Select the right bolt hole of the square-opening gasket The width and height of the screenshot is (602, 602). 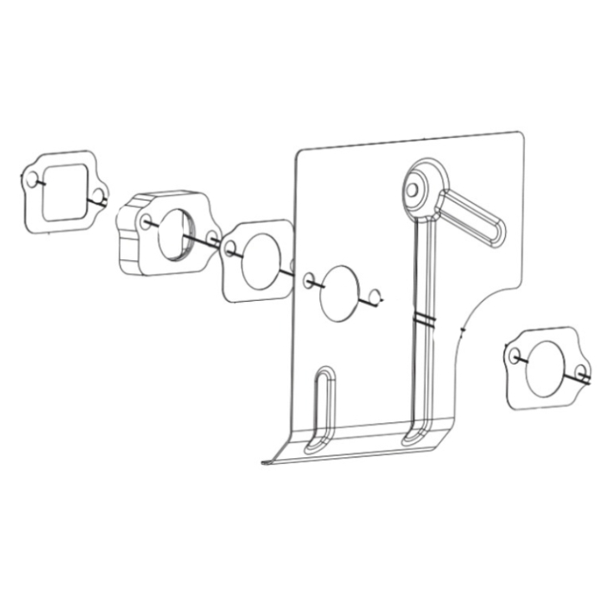99,197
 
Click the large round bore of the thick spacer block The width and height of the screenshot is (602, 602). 177,232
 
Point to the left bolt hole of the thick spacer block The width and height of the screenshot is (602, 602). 147,222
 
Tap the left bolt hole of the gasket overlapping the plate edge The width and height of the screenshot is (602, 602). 231,247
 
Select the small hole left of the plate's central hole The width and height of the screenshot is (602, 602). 309,279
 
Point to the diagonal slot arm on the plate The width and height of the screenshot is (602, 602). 472,220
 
